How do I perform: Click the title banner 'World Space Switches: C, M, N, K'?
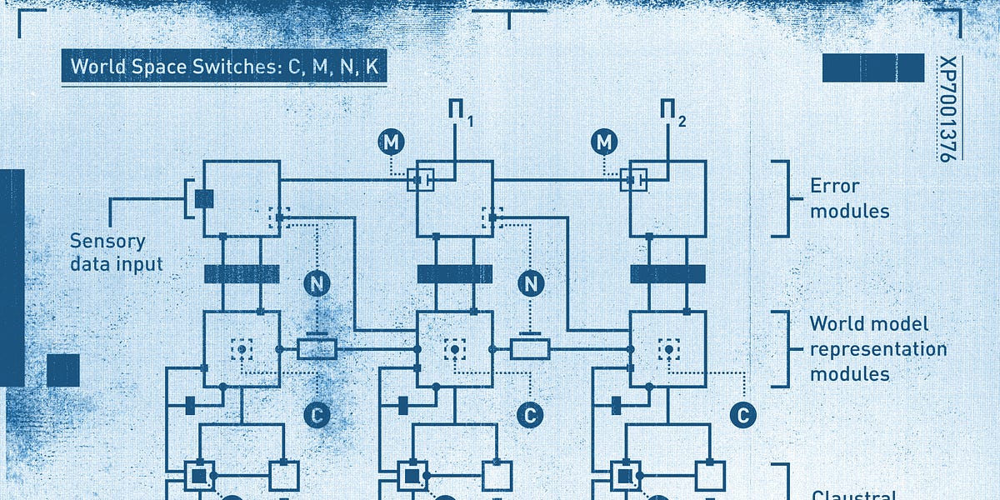pyautogui.click(x=224, y=67)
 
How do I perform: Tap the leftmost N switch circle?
pyautogui.click(x=317, y=283)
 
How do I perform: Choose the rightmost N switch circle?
pyautogui.click(x=530, y=283)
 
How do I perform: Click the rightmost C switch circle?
pyautogui.click(x=742, y=414)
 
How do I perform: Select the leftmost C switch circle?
pyautogui.click(x=317, y=414)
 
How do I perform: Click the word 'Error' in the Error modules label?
pyautogui.click(x=834, y=186)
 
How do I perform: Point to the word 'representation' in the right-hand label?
pyautogui.click(x=878, y=349)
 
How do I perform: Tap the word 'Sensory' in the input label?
pyautogui.click(x=107, y=242)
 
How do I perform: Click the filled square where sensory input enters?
pyautogui.click(x=204, y=199)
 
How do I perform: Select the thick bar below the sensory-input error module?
pyautogui.click(x=242, y=274)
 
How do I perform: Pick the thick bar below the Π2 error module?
pyautogui.click(x=667, y=274)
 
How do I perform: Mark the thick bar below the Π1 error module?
pyautogui.click(x=455, y=274)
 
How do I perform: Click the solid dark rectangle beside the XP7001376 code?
pyautogui.click(x=872, y=68)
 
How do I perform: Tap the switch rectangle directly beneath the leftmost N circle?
pyautogui.click(x=317, y=348)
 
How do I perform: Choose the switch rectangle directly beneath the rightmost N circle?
pyautogui.click(x=530, y=348)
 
